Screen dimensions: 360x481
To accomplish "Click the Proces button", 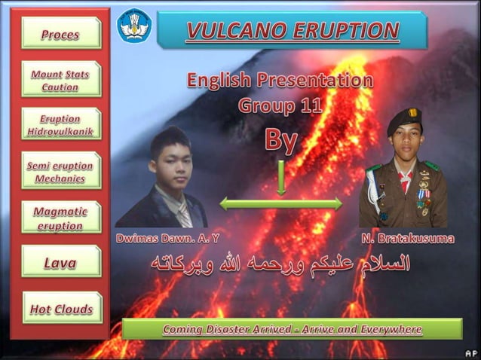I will (61, 34).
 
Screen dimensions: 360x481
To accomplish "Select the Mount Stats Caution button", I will (61, 81).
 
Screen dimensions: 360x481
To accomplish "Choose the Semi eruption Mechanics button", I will (61, 172).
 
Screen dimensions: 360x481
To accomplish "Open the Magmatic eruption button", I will (61, 218).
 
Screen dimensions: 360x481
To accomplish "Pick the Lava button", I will (61, 263).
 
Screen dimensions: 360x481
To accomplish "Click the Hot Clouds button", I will (61, 309).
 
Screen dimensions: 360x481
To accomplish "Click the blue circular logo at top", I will (134, 25).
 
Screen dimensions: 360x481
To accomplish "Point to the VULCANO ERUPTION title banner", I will (293, 31).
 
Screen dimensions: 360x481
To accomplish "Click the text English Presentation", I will (279, 80).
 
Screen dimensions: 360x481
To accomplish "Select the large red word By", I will (280, 139).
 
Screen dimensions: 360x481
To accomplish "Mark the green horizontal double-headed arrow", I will (280, 203).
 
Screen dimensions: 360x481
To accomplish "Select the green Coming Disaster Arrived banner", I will (292, 329).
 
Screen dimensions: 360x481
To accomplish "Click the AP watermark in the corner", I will (470, 352).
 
